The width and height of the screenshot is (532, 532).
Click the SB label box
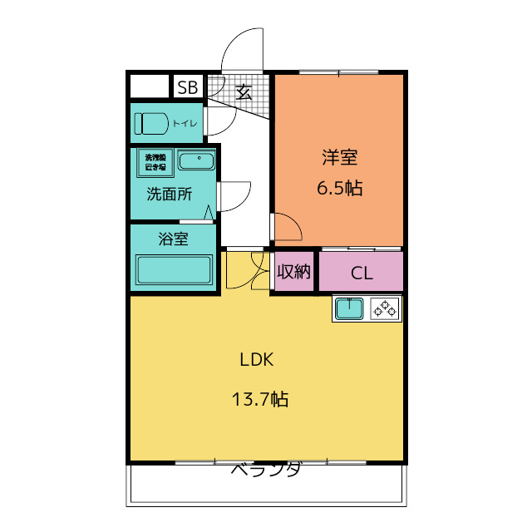pyautogui.click(x=188, y=86)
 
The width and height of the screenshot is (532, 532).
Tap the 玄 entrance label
pyautogui.click(x=244, y=91)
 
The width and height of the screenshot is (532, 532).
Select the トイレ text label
pyautogui.click(x=185, y=124)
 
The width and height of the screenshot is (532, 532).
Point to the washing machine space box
pyautogui.click(x=155, y=161)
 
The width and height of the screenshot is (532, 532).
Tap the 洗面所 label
pyautogui.click(x=170, y=195)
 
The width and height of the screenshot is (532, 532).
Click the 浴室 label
pyautogui.click(x=173, y=239)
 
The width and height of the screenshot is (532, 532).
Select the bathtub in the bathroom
pyautogui.click(x=175, y=270)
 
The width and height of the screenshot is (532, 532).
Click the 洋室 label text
pyautogui.click(x=339, y=156)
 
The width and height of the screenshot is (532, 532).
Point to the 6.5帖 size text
pyautogui.click(x=339, y=188)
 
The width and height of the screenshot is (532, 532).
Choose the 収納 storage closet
pyautogui.click(x=293, y=272)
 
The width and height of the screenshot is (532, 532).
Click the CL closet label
pyautogui.click(x=361, y=273)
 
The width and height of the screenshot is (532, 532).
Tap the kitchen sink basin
pyautogui.click(x=349, y=308)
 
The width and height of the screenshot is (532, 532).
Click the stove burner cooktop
pyautogui.click(x=385, y=308)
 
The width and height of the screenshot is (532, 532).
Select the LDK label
pyautogui.click(x=257, y=360)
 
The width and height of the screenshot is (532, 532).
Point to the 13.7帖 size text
pyautogui.click(x=259, y=400)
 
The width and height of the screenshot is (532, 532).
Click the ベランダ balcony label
pyautogui.click(x=265, y=470)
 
